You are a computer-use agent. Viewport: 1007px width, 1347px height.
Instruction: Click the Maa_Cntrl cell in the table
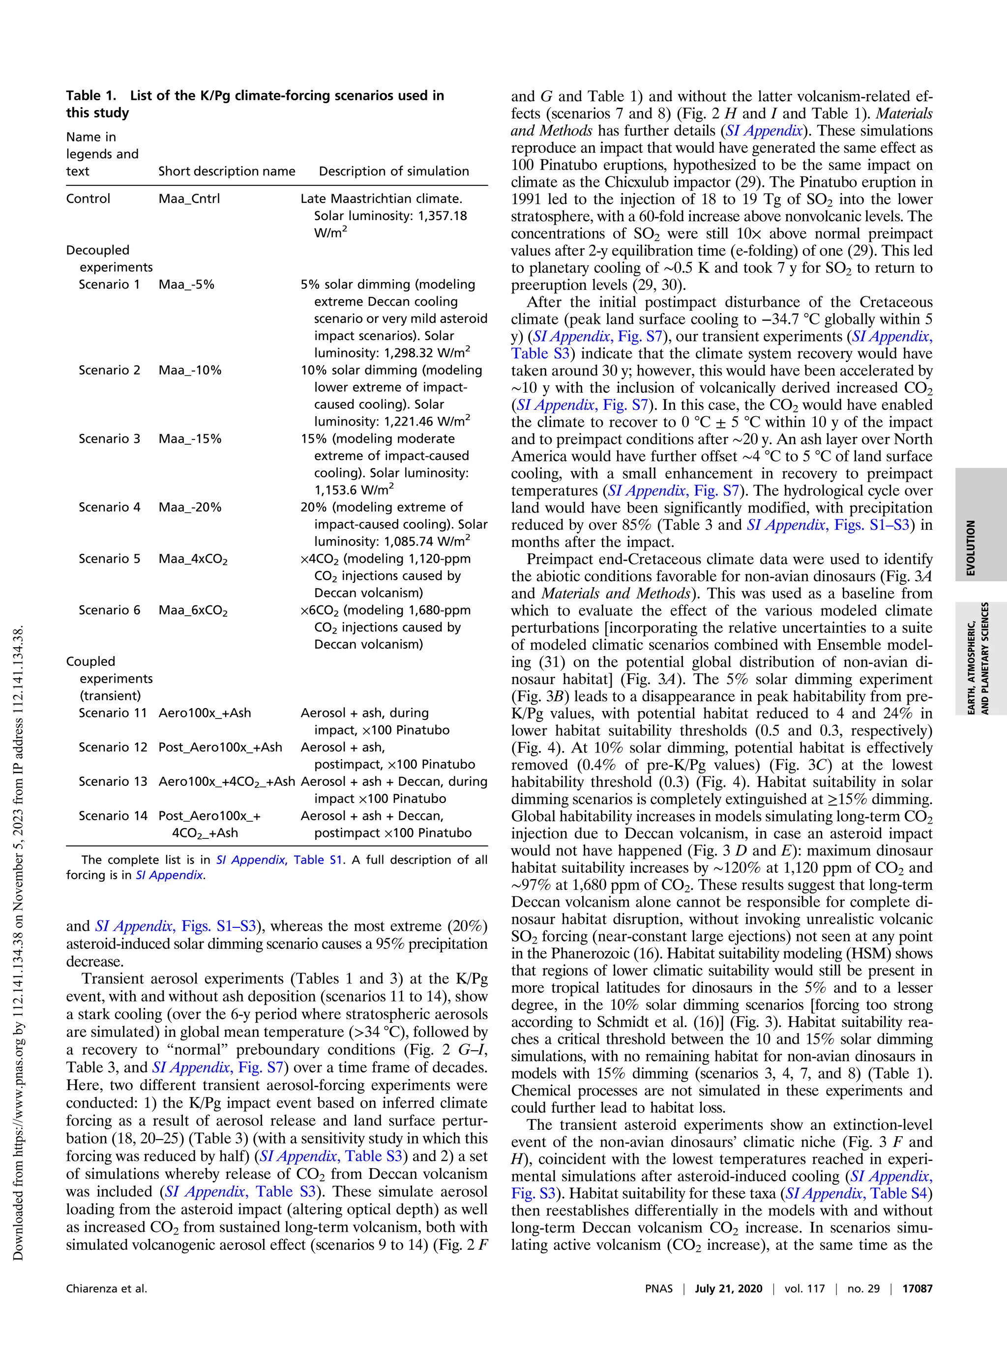(189, 199)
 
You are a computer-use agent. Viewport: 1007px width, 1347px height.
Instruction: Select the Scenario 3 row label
(109, 438)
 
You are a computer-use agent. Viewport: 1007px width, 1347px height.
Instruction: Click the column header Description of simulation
(393, 171)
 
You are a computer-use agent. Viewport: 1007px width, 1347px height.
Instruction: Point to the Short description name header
(227, 171)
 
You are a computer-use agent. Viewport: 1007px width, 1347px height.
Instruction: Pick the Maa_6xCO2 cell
(193, 610)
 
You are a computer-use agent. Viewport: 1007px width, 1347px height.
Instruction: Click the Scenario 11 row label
(113, 713)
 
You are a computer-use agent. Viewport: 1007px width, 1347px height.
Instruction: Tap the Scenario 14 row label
(113, 815)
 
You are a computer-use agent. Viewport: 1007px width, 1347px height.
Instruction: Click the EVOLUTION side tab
(971, 547)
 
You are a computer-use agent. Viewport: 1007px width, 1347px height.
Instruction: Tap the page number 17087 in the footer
(917, 1289)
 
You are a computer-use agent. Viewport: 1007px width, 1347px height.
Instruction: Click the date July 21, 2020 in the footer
(728, 1289)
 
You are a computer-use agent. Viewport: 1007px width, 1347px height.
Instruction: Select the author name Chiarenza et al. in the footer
(107, 1289)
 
